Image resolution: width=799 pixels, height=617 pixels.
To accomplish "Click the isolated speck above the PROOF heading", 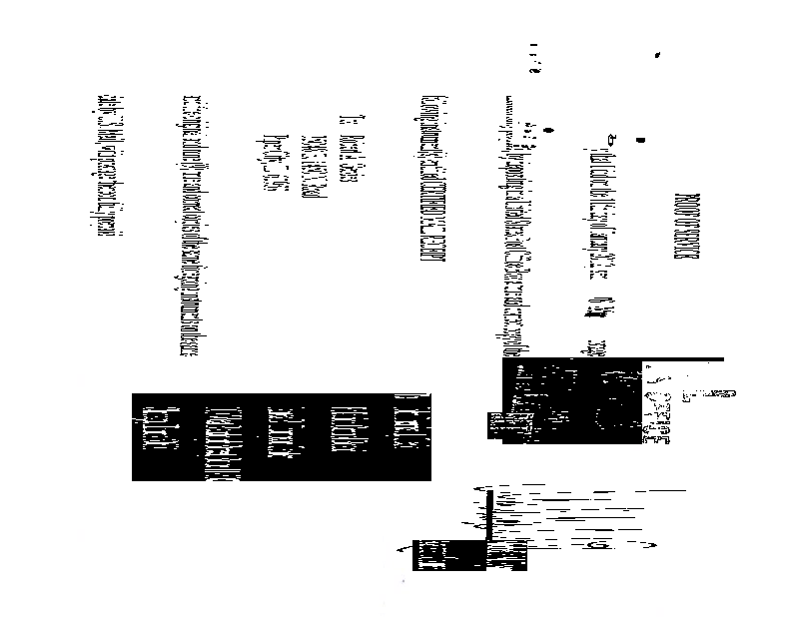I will [657, 53].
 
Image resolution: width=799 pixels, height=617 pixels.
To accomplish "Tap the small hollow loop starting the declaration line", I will [611, 138].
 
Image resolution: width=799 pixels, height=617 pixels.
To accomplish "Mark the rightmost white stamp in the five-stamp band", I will [406, 424].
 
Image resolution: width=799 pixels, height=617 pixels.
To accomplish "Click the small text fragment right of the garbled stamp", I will [716, 395].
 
